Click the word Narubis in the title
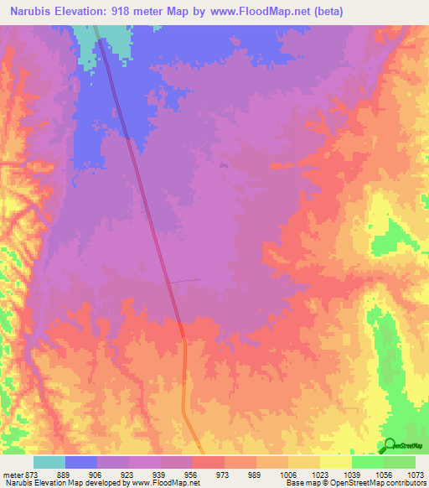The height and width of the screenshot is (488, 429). [x=32, y=11]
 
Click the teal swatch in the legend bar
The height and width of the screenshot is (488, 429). [x=49, y=463]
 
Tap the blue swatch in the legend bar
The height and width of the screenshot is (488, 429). [x=81, y=463]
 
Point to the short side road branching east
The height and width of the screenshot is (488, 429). [x=185, y=281]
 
